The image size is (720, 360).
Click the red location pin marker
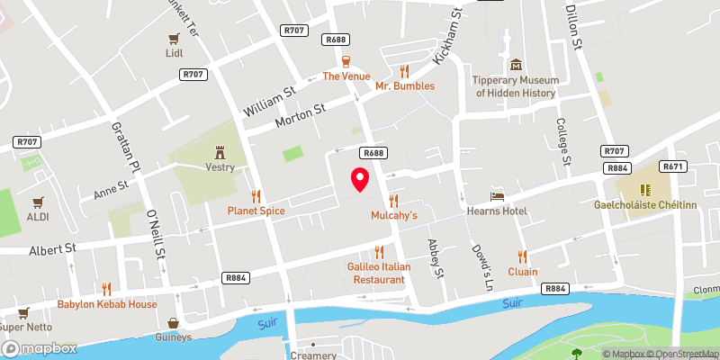point(359,179)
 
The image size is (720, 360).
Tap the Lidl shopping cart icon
point(174,39)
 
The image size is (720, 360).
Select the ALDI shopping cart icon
point(38,202)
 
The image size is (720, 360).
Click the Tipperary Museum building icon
point(517,65)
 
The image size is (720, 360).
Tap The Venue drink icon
point(346,61)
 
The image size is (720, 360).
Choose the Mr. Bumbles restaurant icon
point(405,71)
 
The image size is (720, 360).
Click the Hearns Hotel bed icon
point(495,195)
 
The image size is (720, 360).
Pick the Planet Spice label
point(256,211)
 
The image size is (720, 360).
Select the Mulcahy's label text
point(394,216)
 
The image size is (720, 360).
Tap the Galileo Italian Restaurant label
point(379,274)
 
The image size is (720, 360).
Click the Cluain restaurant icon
point(522,256)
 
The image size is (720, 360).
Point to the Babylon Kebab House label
point(107,304)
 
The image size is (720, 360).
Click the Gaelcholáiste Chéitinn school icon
point(644,190)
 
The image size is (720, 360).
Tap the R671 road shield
point(673,166)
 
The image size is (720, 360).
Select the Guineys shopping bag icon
point(173,322)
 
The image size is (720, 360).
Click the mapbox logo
point(39,347)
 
